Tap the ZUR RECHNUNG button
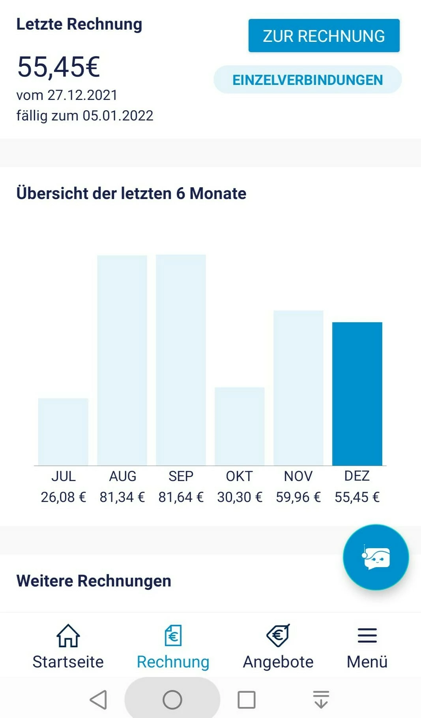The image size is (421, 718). point(324,36)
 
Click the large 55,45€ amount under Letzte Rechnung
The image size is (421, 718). point(58,66)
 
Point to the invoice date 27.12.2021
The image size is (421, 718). point(82,95)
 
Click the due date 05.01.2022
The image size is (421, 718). point(118,116)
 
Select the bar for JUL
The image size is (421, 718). point(63,432)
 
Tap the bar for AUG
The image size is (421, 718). point(122,360)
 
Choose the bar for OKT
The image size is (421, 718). point(240,426)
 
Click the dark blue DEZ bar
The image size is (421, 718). point(357,394)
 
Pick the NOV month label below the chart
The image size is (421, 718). point(298,476)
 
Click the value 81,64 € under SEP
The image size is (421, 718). point(181,497)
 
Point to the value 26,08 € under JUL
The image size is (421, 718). point(63,497)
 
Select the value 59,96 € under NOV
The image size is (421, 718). point(298,497)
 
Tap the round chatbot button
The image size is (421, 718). point(376,557)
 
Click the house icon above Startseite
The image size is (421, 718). point(68,635)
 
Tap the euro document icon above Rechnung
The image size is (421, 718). point(173,635)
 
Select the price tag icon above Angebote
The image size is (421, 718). point(278,635)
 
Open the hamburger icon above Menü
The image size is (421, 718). point(367,635)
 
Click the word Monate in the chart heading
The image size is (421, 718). point(218,194)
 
